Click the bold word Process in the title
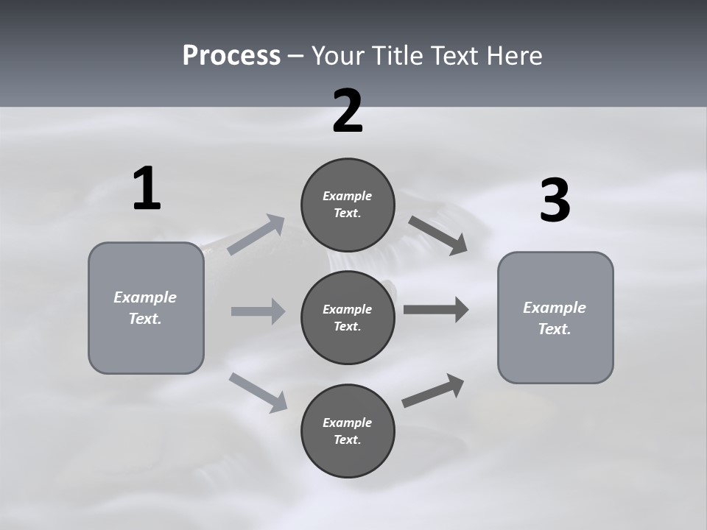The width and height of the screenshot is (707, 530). pos(232,56)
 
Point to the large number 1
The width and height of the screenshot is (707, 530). pos(147,188)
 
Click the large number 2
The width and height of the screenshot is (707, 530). pos(348,111)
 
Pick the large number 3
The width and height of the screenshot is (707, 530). pos(555,199)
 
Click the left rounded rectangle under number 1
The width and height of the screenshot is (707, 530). pos(146,308)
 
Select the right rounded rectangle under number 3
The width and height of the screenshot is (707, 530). pos(555,318)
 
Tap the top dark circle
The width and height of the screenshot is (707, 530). pos(348,205)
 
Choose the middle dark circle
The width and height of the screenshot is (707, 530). pos(348,318)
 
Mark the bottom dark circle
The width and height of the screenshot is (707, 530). pos(348,431)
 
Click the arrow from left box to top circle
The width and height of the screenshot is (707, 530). pos(256,234)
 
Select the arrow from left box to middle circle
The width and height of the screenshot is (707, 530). pos(258,311)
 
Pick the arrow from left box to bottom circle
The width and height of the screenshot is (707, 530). pos(258,393)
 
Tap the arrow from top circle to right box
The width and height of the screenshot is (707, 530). pos(437,236)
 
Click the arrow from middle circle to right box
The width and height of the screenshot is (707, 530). pos(436,310)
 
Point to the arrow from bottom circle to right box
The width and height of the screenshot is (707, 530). pos(433,391)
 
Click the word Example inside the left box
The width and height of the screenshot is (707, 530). pos(145,298)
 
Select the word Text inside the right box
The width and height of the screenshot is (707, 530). pos(555,329)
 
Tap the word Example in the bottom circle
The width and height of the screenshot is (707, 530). pos(347,423)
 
